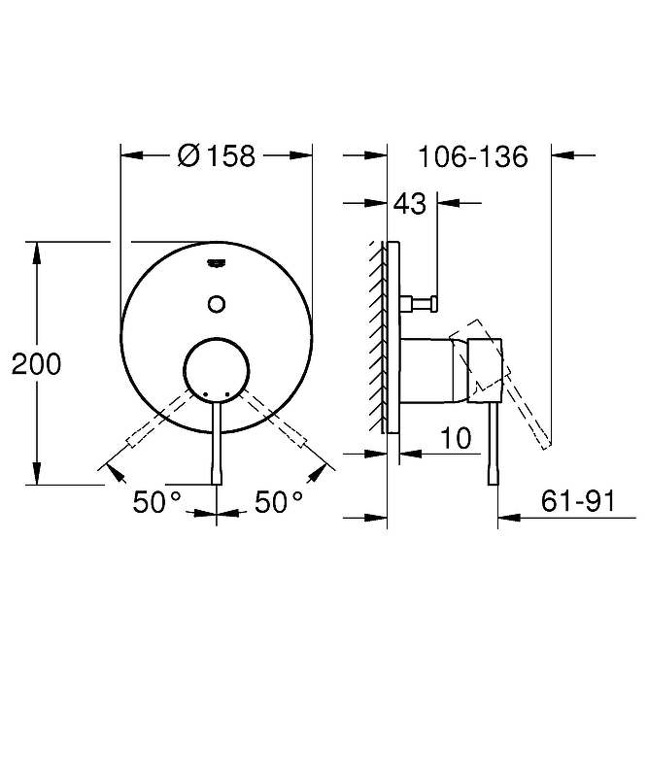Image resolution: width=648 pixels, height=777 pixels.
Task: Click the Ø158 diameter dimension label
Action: click(217, 155)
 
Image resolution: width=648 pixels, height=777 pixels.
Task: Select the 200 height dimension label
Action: click(36, 364)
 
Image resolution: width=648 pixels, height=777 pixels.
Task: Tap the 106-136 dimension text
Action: click(473, 156)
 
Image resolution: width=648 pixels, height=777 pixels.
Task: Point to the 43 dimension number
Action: click(410, 204)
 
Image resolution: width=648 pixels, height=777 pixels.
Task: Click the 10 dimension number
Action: click(456, 439)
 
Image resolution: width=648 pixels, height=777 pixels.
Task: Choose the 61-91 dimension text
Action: click(578, 501)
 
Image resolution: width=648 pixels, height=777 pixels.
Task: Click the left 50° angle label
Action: click(156, 502)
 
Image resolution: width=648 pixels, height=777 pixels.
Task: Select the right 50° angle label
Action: click(279, 502)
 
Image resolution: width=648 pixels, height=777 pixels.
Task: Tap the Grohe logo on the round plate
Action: click(217, 262)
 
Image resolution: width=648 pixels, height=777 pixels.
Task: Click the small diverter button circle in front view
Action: click(217, 304)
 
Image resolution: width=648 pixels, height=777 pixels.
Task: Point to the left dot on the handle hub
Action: click(205, 394)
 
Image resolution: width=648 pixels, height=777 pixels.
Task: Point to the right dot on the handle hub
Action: click(227, 394)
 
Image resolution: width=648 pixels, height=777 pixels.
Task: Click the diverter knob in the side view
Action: click(420, 303)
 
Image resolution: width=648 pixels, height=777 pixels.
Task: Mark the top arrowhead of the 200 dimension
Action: click(36, 253)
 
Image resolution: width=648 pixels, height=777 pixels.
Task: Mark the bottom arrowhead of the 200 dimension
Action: click(36, 474)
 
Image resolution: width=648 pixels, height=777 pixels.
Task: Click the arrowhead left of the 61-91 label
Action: click(509, 518)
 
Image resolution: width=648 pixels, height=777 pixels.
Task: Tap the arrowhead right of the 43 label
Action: click(449, 203)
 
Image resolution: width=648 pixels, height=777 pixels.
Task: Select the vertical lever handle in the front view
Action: click(217, 442)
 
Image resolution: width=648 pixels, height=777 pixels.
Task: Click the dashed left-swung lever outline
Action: click(158, 419)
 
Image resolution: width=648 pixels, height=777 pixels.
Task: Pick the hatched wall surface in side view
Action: click(377, 337)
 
